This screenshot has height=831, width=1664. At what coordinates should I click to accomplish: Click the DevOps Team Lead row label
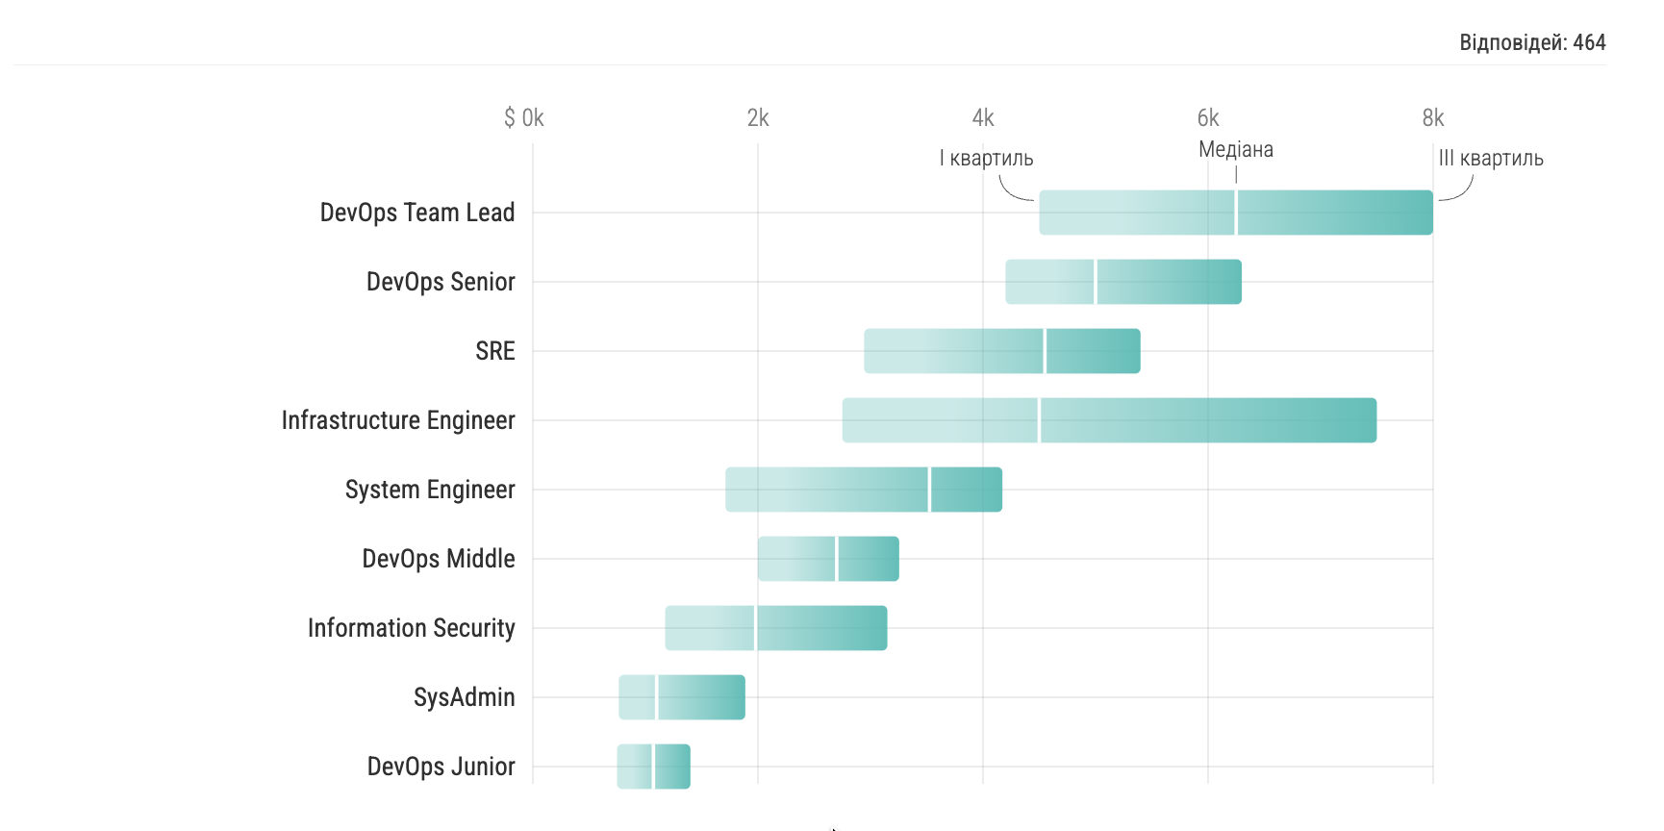tap(417, 213)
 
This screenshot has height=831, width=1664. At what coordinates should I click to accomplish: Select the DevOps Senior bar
tap(1123, 282)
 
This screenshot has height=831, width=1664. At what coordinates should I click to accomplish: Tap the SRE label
tap(495, 351)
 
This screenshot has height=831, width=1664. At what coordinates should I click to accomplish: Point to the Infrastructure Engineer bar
tap(1109, 420)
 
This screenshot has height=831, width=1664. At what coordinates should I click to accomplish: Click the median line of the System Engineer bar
tap(930, 490)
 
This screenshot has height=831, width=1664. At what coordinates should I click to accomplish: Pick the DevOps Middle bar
tap(828, 559)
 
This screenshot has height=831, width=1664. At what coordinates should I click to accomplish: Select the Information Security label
tap(412, 628)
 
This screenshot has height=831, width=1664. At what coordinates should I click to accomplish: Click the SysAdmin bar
tap(682, 697)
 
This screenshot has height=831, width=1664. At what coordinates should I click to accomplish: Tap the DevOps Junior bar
tap(654, 767)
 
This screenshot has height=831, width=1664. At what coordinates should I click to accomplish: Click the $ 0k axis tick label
tap(524, 118)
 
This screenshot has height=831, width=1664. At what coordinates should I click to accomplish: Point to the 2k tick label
tap(758, 118)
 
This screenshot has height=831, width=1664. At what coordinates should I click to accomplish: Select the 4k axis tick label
tap(983, 118)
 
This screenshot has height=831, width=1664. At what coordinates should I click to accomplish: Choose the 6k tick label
tap(1208, 118)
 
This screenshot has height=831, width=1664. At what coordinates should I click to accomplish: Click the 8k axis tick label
tap(1433, 118)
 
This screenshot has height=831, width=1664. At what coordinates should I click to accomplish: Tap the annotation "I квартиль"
tap(986, 159)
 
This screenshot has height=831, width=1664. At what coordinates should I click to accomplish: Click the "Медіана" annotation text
tap(1236, 150)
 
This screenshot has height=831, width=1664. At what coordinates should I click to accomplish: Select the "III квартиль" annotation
tap(1491, 159)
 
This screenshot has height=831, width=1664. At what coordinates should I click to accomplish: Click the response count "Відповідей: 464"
tap(1532, 42)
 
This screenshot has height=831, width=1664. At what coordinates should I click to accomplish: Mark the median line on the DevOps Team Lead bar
tap(1236, 213)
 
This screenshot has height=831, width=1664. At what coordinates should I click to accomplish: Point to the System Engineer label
tap(430, 490)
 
